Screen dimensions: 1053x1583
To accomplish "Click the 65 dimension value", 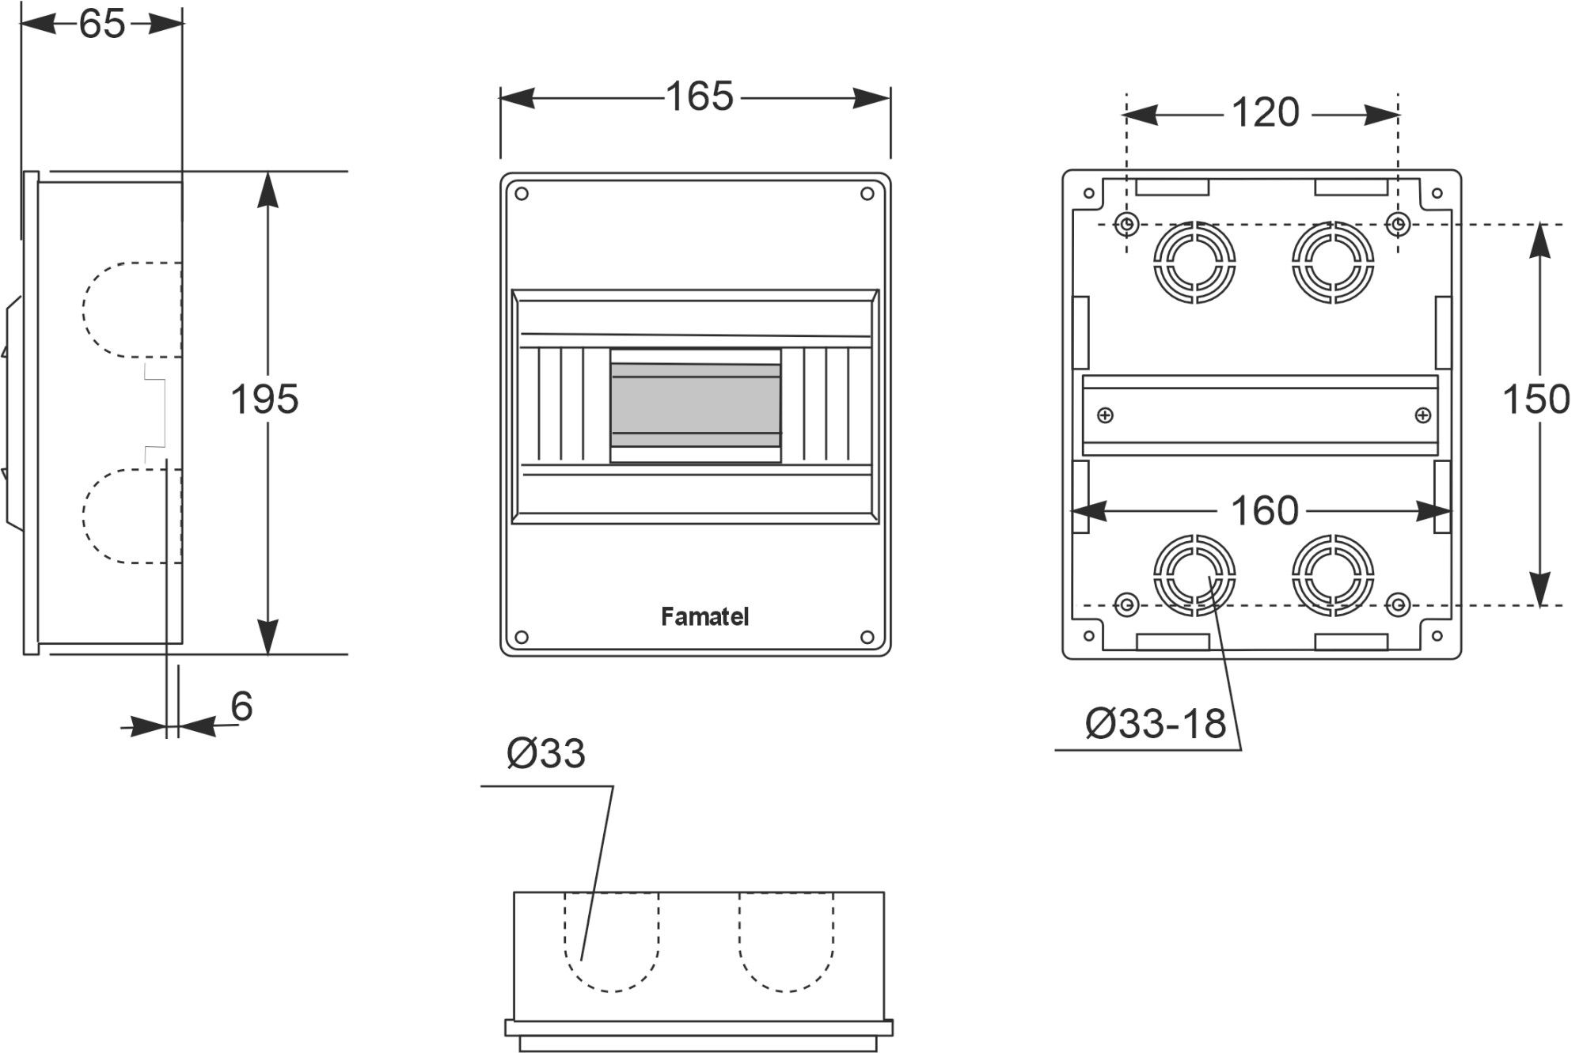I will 102,25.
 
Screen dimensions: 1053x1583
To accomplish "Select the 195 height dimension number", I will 264,400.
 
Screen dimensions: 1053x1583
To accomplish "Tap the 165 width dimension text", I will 700,97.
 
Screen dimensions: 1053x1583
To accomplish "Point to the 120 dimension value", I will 1265,113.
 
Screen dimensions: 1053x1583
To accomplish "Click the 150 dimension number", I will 1536,400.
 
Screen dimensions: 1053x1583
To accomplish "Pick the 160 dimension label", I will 1264,511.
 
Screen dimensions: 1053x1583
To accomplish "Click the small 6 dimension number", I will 241,706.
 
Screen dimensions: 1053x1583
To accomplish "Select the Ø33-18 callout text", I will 1156,724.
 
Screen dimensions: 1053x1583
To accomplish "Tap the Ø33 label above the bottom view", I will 546,754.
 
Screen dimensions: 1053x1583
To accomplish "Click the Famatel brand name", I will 704,617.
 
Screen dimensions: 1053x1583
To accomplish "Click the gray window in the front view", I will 695,405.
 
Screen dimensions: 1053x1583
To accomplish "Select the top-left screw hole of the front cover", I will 522,194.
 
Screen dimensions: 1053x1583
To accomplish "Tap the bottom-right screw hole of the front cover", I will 867,637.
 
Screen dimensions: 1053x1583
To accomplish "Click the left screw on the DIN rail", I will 1106,415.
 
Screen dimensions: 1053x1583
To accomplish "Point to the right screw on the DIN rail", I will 1422,415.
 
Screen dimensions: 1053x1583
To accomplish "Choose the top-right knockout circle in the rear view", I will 1333,262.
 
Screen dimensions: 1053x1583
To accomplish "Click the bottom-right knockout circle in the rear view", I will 1333,575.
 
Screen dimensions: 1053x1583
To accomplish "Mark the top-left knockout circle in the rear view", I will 1194,262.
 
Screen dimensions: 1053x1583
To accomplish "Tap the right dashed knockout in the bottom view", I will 786,941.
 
